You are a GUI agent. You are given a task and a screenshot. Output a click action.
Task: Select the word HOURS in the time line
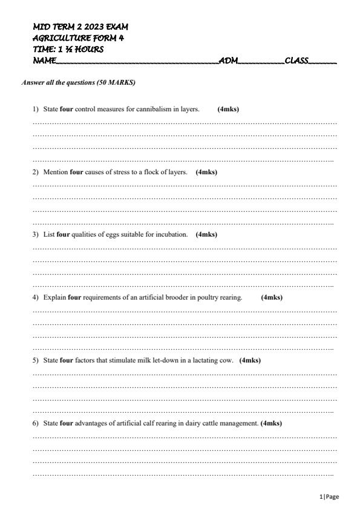tap(88, 49)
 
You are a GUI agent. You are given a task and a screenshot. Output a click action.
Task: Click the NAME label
tap(44, 61)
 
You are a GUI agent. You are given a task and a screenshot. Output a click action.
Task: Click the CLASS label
tap(296, 61)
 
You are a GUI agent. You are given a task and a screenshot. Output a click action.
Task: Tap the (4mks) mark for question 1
tap(228, 110)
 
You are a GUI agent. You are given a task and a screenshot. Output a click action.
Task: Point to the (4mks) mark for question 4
tap(272, 297)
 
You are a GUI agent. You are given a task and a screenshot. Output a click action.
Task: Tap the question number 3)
tap(36, 234)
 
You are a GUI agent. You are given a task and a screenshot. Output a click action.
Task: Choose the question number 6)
tap(36, 423)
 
